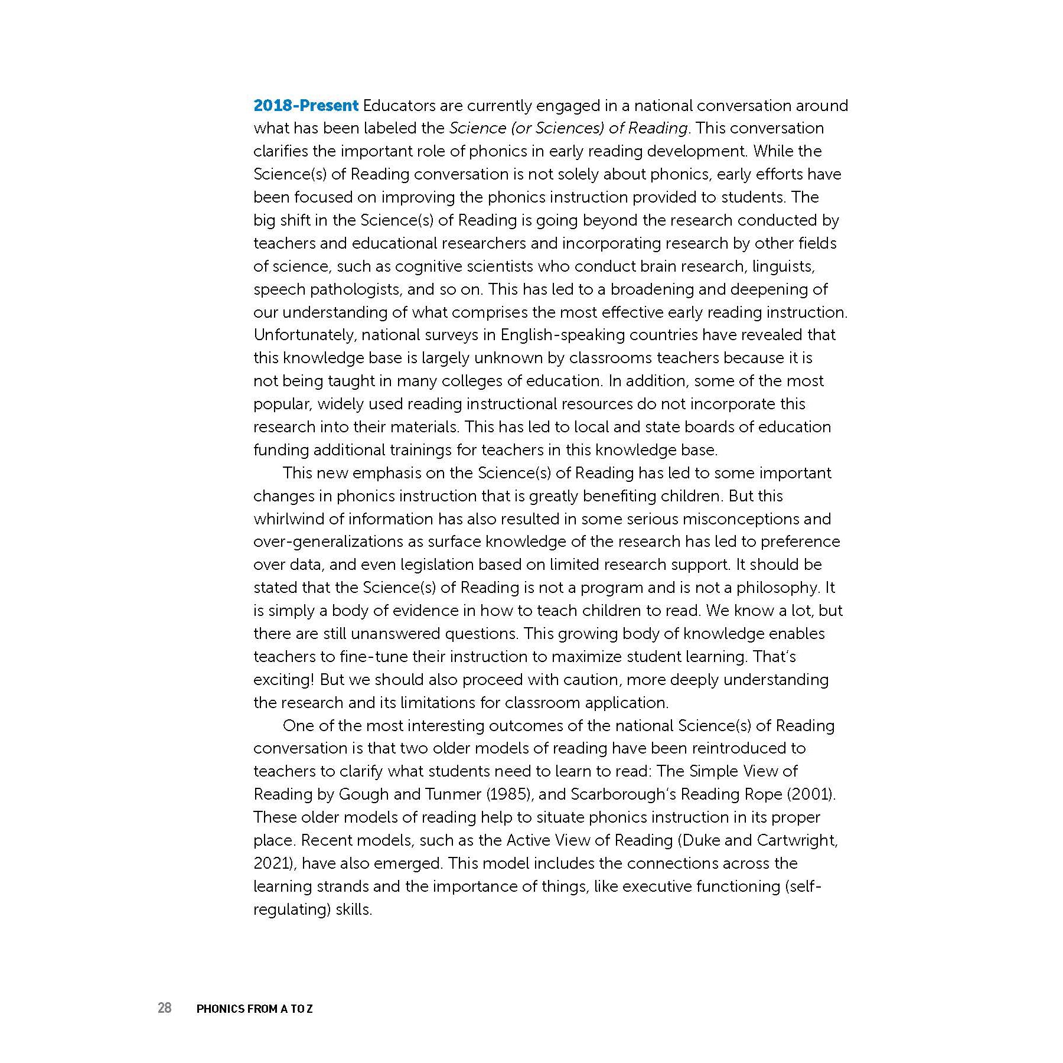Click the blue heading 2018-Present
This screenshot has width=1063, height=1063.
(305, 106)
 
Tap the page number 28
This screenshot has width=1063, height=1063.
(164, 1007)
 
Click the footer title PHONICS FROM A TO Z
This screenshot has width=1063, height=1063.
(254, 1009)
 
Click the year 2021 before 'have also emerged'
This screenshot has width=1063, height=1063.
(273, 863)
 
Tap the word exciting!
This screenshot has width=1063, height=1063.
(283, 680)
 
